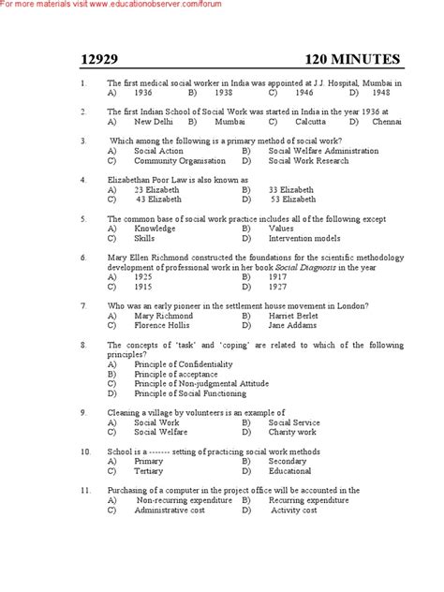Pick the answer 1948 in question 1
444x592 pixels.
coord(377,94)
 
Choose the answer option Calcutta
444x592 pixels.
coord(309,121)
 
